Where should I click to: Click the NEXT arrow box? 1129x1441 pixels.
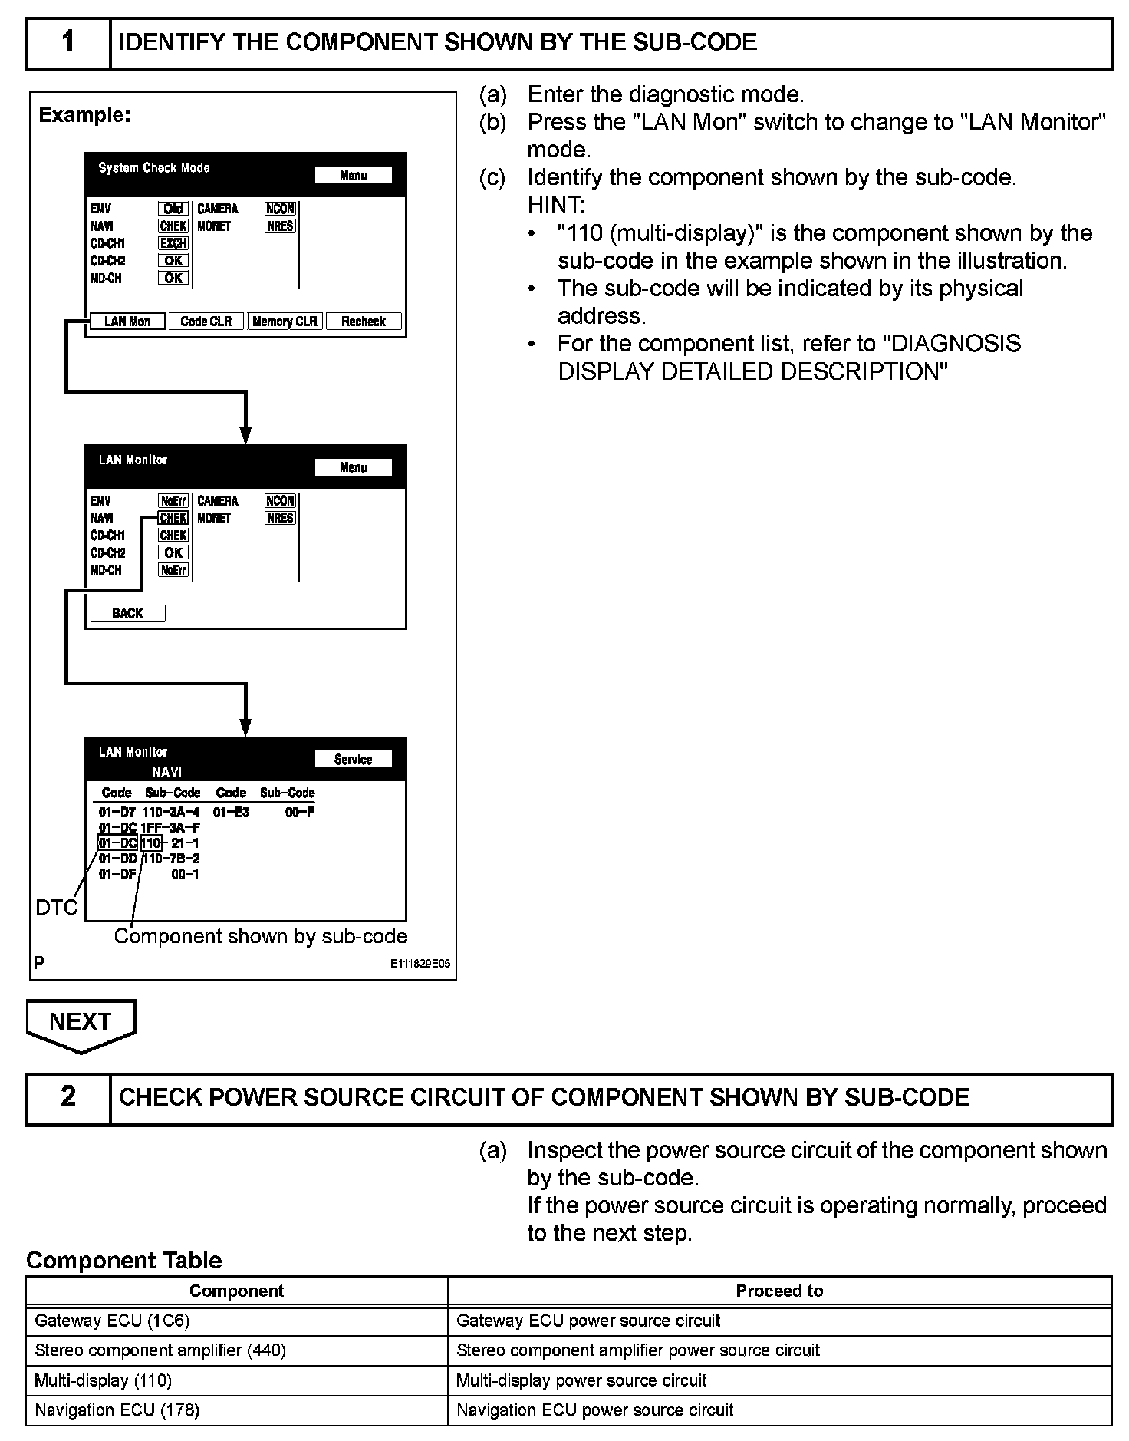(x=81, y=1023)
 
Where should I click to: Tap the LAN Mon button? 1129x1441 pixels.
(x=127, y=322)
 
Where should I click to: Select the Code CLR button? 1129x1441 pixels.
(x=206, y=322)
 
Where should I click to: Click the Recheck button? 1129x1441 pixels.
(x=364, y=322)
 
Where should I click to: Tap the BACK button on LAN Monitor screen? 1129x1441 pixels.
(x=127, y=613)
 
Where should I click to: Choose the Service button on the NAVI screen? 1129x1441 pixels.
(x=353, y=760)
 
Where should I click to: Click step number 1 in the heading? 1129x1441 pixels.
(x=68, y=41)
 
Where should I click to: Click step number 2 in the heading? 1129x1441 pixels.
(x=68, y=1097)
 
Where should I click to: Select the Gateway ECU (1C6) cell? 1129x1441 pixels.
(x=236, y=1321)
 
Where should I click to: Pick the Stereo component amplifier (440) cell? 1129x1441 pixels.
(x=236, y=1350)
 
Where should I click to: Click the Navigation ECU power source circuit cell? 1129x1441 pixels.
(x=779, y=1410)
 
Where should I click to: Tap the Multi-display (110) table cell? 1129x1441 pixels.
(x=236, y=1380)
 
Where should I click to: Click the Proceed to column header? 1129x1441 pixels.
(x=779, y=1291)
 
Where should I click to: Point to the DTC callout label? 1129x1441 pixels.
(x=57, y=908)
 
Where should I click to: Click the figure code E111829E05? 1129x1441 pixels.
(x=420, y=965)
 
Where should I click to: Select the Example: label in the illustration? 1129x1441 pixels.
(x=85, y=115)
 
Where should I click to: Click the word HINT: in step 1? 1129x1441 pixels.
(x=555, y=205)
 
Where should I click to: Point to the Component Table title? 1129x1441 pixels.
(x=124, y=1261)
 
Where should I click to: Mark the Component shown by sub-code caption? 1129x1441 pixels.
(x=261, y=936)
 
